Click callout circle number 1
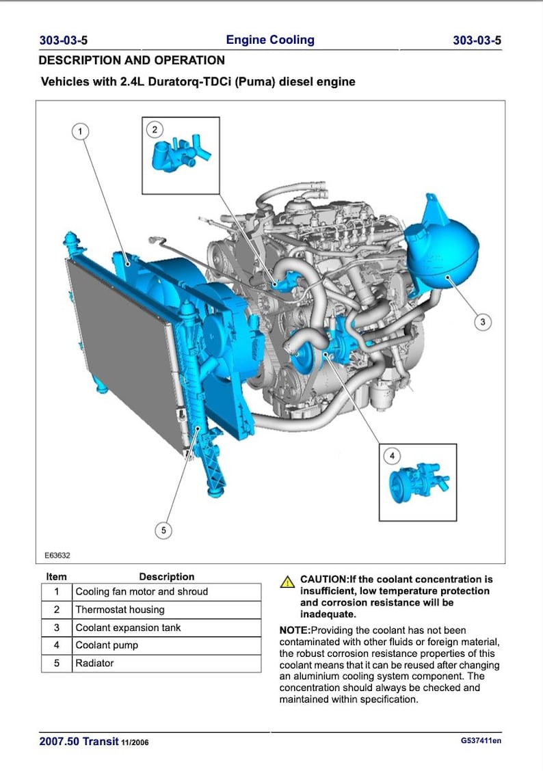[x=80, y=131]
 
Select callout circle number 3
[x=482, y=322]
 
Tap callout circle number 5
[x=162, y=530]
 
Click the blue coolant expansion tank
[x=441, y=246]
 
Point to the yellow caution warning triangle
[x=288, y=582]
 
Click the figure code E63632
[x=58, y=556]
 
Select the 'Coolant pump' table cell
[x=107, y=645]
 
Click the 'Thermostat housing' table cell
[x=120, y=610]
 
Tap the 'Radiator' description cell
[x=94, y=663]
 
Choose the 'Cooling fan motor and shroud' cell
[x=142, y=592]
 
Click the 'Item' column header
[x=56, y=576]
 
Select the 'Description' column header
[x=166, y=576]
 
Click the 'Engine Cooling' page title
[x=270, y=40]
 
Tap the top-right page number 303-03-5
[x=477, y=40]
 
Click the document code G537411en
[x=481, y=741]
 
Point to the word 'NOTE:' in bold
[x=295, y=630]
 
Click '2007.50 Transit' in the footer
[x=79, y=742]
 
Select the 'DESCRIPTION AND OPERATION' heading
[x=132, y=60]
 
